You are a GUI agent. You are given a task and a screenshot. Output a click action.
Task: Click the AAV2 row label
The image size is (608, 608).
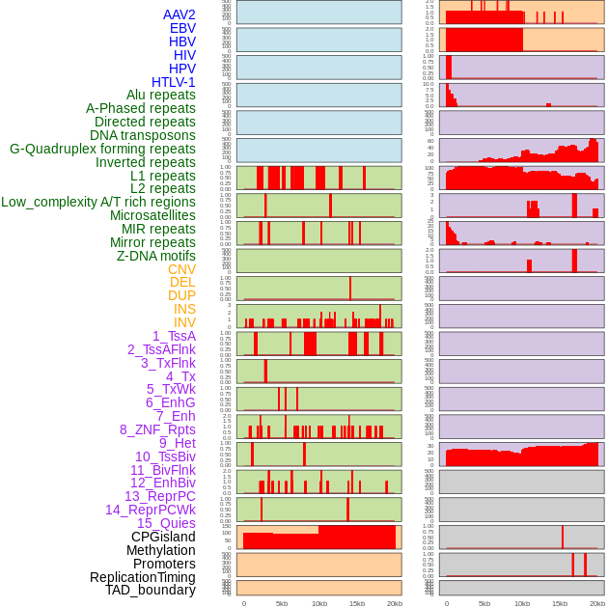point(179,14)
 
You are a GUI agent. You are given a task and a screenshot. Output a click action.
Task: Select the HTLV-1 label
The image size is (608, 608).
point(173,82)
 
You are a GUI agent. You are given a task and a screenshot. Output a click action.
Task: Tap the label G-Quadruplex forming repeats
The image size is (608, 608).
point(102,149)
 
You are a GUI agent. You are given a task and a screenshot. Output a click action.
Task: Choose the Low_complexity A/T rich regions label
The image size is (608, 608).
point(97,202)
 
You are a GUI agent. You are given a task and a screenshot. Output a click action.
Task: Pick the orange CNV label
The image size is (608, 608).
point(181,269)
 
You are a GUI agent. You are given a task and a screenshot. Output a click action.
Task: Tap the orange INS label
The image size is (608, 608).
point(184,309)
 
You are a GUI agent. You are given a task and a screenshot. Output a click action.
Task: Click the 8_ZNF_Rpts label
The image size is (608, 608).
point(157,429)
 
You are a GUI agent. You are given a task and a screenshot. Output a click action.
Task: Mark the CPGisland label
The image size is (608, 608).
point(163,537)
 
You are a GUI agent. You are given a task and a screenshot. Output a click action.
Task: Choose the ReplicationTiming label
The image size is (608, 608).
point(142,577)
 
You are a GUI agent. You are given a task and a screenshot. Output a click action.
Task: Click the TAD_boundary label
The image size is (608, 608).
point(150,590)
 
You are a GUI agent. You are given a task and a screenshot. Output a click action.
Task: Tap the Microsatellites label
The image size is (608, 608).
point(152,215)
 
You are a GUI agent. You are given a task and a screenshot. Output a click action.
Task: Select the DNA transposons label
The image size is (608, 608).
point(143,135)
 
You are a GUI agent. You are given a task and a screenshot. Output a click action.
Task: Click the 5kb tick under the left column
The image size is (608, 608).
point(282,603)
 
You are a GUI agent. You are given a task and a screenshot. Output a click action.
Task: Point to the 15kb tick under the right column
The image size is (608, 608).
point(560,603)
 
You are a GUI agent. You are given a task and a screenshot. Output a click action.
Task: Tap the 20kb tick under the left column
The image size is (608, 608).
point(395,603)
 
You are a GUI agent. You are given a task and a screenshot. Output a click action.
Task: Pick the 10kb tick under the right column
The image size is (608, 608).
point(522,603)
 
